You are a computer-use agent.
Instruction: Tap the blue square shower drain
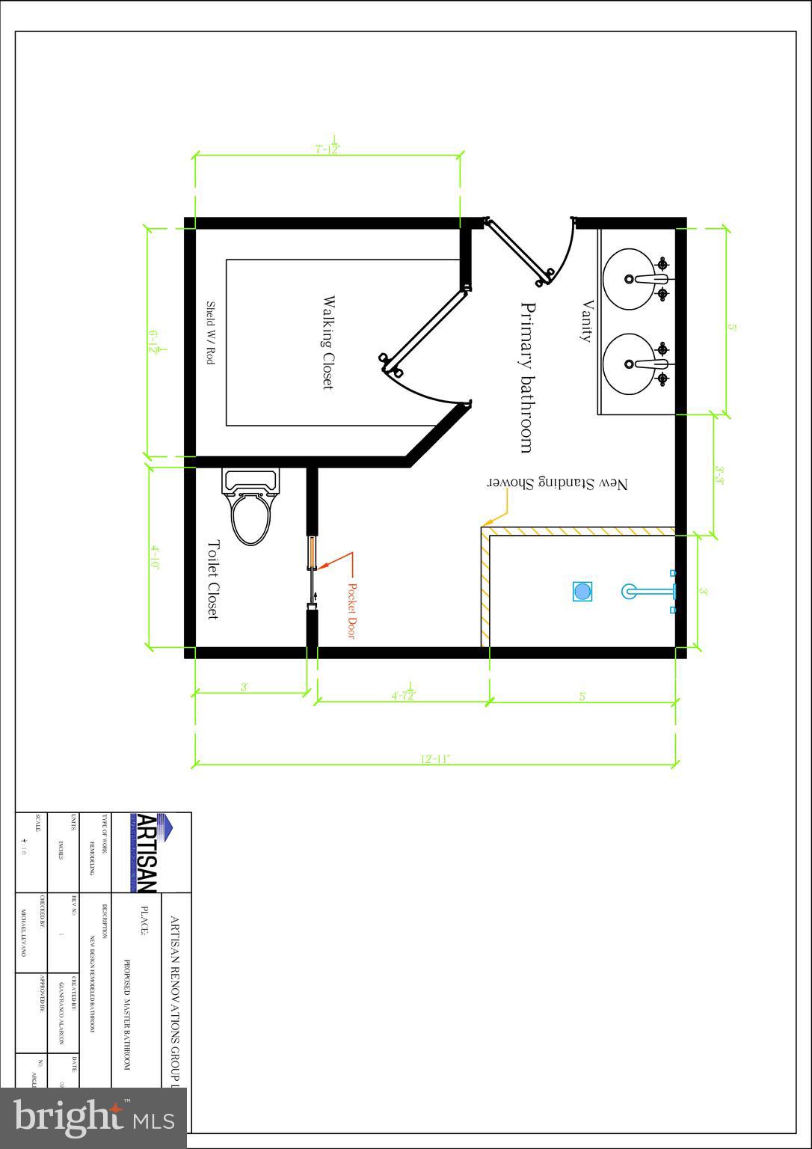582,592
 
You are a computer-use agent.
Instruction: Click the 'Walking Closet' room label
327,343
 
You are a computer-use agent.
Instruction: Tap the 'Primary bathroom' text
527,378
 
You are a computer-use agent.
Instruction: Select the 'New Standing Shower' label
558,484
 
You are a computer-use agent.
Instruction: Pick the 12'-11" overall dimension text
434,759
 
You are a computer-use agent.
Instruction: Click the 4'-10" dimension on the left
156,557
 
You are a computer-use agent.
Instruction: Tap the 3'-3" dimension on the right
719,475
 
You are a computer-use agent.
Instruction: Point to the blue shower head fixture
650,592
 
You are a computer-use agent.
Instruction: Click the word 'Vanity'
586,321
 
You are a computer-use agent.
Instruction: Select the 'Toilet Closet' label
212,580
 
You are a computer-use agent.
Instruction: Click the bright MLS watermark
93,1118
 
